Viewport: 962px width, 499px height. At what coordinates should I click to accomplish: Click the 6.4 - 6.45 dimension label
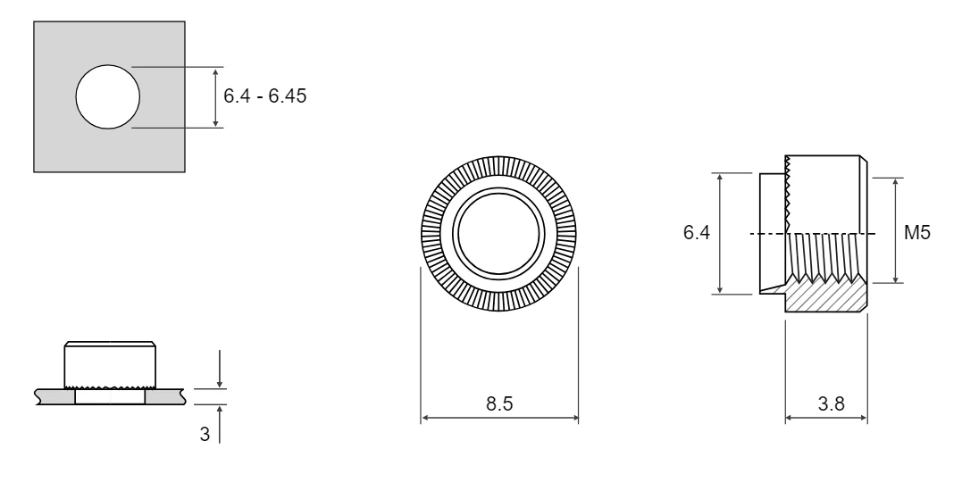(264, 96)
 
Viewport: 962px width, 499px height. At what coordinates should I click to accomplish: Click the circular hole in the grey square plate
(108, 97)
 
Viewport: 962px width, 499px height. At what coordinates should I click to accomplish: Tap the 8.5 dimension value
(498, 404)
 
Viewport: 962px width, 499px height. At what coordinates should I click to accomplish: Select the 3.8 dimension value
(831, 404)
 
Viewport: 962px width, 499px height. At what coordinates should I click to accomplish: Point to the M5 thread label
(917, 232)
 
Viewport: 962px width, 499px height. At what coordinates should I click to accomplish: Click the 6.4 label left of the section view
(697, 232)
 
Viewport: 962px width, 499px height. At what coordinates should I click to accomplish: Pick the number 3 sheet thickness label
(205, 434)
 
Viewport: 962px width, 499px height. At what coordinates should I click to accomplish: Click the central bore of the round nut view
(498, 234)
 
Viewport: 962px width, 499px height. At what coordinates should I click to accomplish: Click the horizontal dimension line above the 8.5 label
(499, 418)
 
